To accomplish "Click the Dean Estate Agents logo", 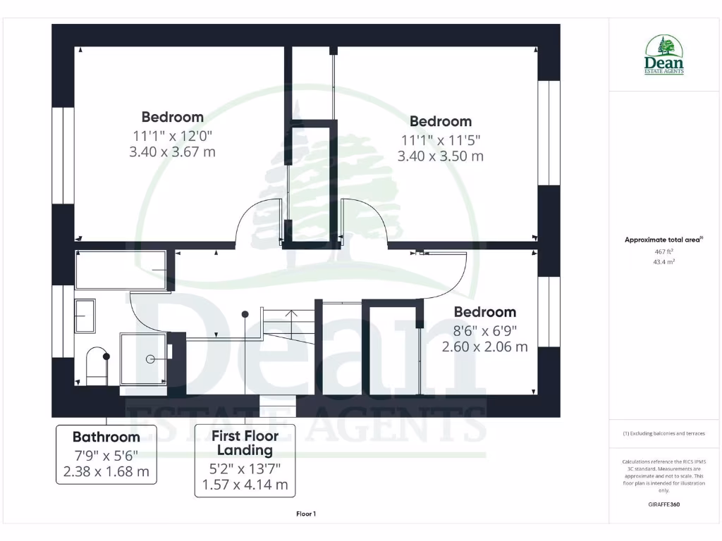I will click(x=663, y=56).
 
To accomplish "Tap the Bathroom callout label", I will click(x=106, y=454).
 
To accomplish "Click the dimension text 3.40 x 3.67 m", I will click(x=172, y=151).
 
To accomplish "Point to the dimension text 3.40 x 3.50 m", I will click(x=441, y=156).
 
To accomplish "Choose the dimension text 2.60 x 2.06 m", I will click(x=484, y=347).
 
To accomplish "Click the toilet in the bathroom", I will click(x=97, y=366).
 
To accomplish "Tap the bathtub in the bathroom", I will click(x=122, y=270).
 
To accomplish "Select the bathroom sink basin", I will click(x=85, y=316).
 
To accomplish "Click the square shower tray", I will click(x=144, y=359).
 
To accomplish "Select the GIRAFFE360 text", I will click(x=663, y=504).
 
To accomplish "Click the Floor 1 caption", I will click(x=305, y=514).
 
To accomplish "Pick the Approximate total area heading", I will click(x=663, y=240).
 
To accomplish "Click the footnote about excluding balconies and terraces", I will click(x=663, y=434).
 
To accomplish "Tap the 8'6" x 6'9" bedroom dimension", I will click(x=484, y=330).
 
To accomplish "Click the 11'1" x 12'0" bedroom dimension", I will click(x=172, y=135).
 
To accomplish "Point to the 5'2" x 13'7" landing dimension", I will click(x=245, y=468).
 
